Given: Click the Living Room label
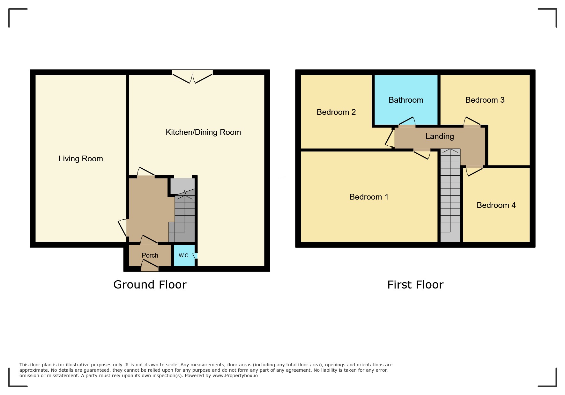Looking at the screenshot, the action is pyautogui.click(x=81, y=159).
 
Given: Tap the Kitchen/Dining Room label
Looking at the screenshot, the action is pyautogui.click(x=203, y=132).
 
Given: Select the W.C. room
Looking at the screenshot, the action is pyautogui.click(x=184, y=255).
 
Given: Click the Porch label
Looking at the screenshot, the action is pyautogui.click(x=150, y=255).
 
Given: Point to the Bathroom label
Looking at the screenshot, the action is pyautogui.click(x=406, y=100).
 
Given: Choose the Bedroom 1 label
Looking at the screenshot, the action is pyautogui.click(x=369, y=197).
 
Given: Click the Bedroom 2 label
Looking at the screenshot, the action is pyautogui.click(x=336, y=112).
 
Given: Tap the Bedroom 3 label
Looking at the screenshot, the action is pyautogui.click(x=485, y=100).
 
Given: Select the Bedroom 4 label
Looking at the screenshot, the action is pyautogui.click(x=496, y=205).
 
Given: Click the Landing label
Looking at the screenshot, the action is pyautogui.click(x=440, y=136).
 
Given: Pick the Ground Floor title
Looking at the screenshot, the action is pyautogui.click(x=150, y=285).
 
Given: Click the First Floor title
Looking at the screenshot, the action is pyautogui.click(x=415, y=285).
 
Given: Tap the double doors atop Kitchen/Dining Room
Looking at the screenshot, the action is pyautogui.click(x=192, y=77).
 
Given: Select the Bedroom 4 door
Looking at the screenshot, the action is pyautogui.click(x=474, y=171).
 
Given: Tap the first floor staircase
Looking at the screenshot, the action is pyautogui.click(x=450, y=195).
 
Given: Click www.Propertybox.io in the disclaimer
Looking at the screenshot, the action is pyautogui.click(x=235, y=376).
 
